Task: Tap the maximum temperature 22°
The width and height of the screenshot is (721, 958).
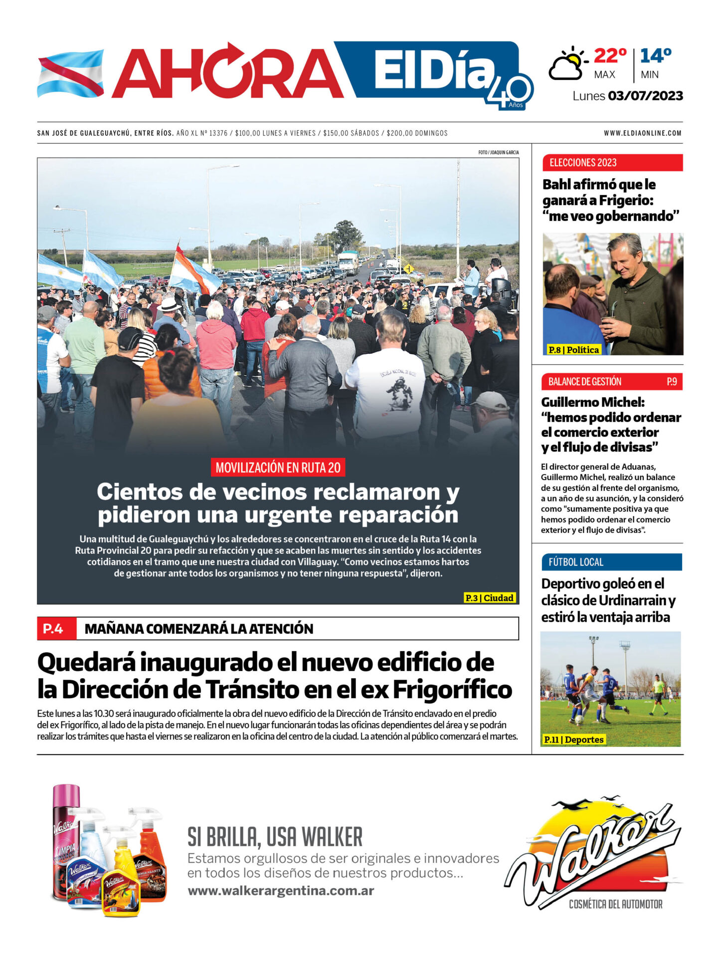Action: click(610, 56)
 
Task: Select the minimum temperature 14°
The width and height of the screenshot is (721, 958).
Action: click(656, 56)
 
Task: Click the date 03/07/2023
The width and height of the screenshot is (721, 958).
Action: click(645, 96)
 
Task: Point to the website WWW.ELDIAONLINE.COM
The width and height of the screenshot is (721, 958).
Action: click(642, 133)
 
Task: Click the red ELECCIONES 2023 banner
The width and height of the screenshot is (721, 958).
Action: click(612, 163)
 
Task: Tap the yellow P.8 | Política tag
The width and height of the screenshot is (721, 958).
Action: click(573, 350)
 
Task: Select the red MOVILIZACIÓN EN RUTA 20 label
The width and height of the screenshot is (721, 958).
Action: click(278, 468)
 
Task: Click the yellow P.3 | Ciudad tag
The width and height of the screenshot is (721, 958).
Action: click(489, 598)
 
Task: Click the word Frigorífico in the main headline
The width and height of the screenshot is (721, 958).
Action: click(452, 690)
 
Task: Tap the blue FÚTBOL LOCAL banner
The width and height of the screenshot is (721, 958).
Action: click(611, 562)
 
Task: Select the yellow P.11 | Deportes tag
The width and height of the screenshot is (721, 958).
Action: click(573, 739)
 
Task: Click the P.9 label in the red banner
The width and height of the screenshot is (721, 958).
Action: click(672, 382)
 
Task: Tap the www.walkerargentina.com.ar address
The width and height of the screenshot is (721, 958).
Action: click(281, 891)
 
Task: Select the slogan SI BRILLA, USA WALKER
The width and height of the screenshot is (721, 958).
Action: click(275, 837)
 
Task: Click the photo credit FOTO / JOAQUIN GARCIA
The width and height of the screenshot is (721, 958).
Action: click(498, 152)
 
